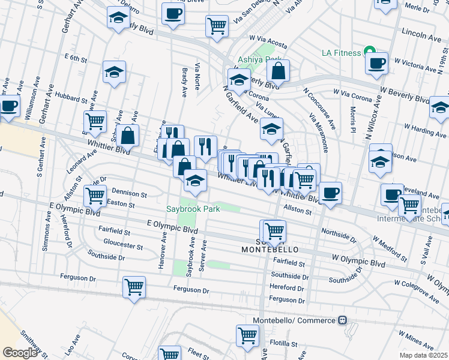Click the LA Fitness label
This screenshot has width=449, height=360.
[x=341, y=53]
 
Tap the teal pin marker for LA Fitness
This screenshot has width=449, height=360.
[x=371, y=53]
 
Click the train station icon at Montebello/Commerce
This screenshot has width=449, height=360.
[x=342, y=320]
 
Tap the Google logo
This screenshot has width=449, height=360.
[x=19, y=352]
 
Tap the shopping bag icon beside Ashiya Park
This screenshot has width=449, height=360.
[x=279, y=71]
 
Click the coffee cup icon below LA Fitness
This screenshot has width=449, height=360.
[x=376, y=64]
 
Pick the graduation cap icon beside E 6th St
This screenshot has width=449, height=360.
[x=113, y=73]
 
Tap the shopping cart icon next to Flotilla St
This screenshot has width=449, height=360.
[x=247, y=337]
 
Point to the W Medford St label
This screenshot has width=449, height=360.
[x=389, y=251]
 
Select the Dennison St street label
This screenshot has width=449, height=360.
[x=128, y=194]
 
